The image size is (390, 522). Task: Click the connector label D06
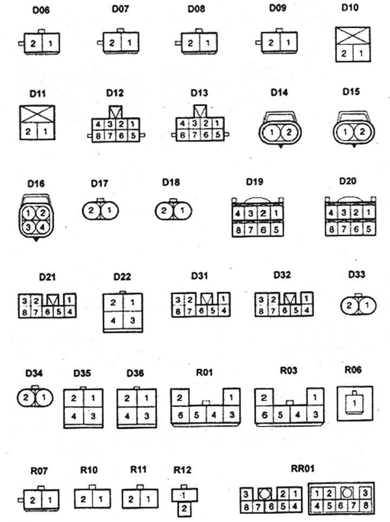click(x=41, y=10)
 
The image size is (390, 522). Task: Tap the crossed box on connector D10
click(x=353, y=36)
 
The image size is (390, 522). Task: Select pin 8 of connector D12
click(x=98, y=136)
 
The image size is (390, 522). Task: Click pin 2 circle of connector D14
click(x=289, y=132)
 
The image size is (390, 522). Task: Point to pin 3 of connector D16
click(x=29, y=227)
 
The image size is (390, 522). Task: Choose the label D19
click(x=255, y=182)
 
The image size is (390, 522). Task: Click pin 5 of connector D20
click(x=368, y=229)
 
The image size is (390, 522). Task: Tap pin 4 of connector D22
click(x=113, y=320)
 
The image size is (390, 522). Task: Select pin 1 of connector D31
click(x=223, y=299)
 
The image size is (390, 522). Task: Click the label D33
click(x=356, y=275)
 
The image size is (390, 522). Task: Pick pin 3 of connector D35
click(x=93, y=416)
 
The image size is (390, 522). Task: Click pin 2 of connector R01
click(x=180, y=397)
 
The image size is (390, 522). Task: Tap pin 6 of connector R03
click(x=264, y=415)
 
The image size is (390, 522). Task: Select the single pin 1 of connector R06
click(x=354, y=403)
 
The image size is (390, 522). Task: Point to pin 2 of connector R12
click(x=184, y=508)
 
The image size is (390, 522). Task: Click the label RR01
click(x=302, y=469)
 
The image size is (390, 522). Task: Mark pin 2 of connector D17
click(x=91, y=210)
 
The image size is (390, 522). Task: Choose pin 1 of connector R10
click(x=101, y=499)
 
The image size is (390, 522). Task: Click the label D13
click(x=199, y=93)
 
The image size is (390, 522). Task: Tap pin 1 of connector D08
click(x=207, y=43)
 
